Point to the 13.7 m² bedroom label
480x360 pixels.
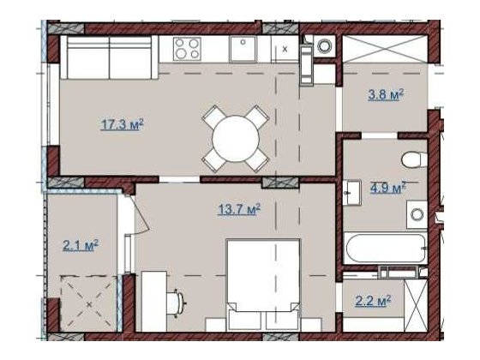(239, 207)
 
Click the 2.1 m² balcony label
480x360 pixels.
(81, 246)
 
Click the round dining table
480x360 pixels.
(233, 135)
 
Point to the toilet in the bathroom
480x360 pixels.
(412, 159)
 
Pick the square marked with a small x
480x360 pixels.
(285, 50)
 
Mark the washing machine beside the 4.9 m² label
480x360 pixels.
(417, 213)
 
